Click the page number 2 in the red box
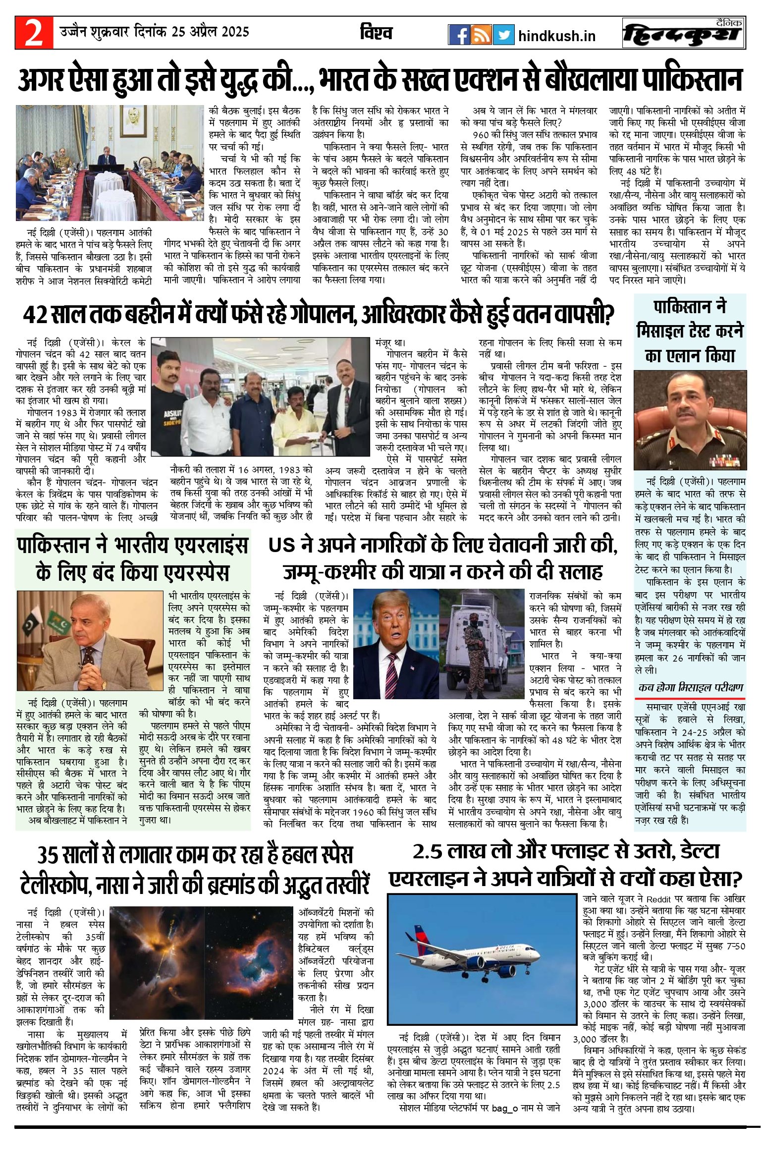(33, 33)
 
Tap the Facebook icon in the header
(459, 35)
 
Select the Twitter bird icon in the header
(503, 35)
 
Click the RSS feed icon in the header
(481, 35)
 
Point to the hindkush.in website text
(556, 36)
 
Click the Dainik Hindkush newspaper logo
(683, 33)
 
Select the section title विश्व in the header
(376, 33)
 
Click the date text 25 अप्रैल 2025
(211, 32)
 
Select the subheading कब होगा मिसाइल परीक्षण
(691, 687)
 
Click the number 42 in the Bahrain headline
(35, 314)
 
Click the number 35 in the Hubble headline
(48, 855)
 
